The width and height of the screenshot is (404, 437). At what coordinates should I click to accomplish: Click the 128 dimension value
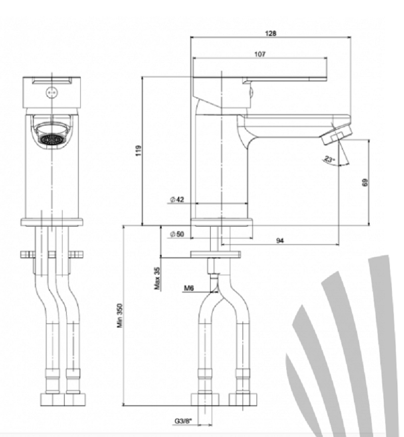pos(270,33)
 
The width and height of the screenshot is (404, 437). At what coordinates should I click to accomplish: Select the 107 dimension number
pos(260,54)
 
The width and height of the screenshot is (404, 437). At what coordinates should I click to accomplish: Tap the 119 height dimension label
pos(139,150)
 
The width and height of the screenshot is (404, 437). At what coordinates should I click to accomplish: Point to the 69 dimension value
pos(365,183)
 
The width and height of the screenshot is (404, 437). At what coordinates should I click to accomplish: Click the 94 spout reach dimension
pos(280,240)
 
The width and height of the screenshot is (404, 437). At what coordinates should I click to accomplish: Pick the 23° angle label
pos(329,159)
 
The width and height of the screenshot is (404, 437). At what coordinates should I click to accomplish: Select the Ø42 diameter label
pos(177,199)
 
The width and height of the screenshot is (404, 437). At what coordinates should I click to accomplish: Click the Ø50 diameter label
pos(177,234)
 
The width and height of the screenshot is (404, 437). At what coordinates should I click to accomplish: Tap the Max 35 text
pos(157,278)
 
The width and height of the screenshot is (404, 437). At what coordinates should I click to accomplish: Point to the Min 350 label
pos(120,315)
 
